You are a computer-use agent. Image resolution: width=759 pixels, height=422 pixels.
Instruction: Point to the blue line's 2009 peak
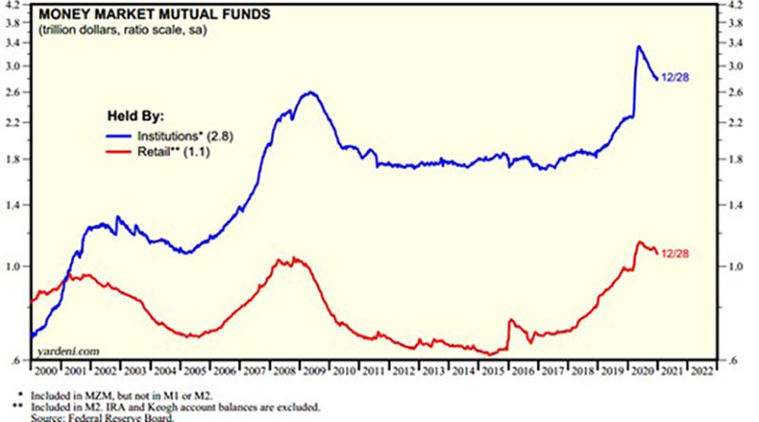click(x=310, y=92)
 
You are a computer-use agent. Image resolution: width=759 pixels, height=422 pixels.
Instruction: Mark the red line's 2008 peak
click(x=295, y=257)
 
